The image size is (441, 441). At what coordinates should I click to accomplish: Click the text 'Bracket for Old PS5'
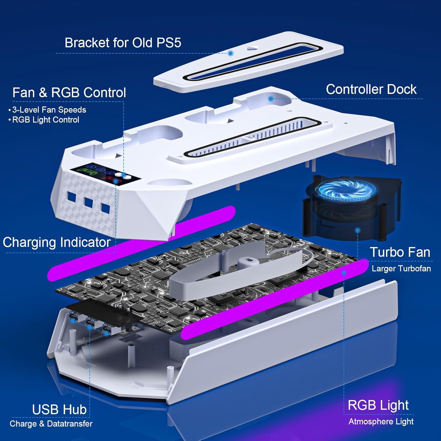pos(123,43)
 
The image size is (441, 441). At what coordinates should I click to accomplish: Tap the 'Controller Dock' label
pos(371,89)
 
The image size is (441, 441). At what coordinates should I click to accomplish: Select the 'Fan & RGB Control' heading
pos(69,93)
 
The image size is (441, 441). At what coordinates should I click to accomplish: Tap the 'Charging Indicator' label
pos(57,243)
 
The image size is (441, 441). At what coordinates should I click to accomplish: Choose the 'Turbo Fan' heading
pos(400,252)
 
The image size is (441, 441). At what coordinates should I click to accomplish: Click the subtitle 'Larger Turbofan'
pos(401,268)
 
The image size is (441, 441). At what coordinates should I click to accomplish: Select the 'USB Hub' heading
pos(59,410)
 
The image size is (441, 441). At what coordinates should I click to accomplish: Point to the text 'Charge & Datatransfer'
pos(51,424)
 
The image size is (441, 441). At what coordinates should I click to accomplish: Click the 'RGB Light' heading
pos(378,405)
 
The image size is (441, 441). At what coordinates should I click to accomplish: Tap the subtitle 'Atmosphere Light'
pos(381,422)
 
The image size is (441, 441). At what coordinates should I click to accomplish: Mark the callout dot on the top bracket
pos(231,53)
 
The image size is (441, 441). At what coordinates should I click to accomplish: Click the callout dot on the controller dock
pos(271,99)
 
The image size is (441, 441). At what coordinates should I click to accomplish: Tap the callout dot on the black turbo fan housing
pos(358,230)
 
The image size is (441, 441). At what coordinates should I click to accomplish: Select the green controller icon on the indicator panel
pos(86,171)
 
